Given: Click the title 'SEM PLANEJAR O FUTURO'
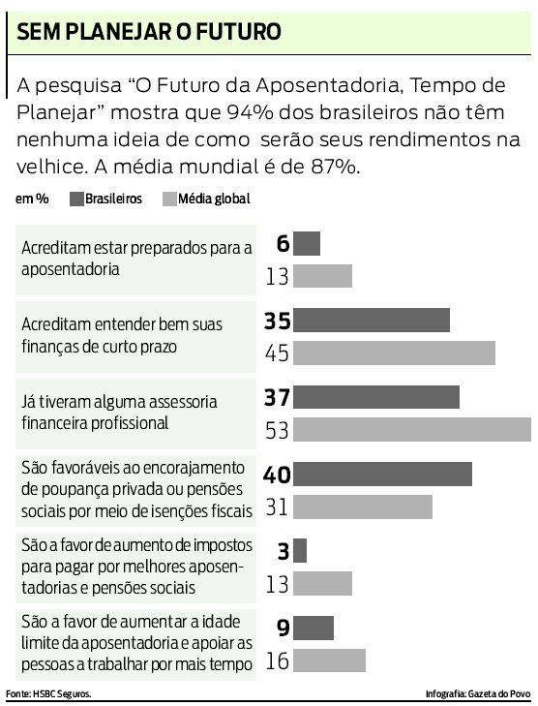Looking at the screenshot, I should [x=146, y=32].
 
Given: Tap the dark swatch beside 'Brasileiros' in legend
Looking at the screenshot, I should [x=75, y=200].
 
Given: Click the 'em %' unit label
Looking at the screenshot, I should [x=32, y=200].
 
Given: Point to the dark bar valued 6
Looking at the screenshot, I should [x=306, y=243].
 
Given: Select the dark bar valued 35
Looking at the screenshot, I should [x=372, y=321].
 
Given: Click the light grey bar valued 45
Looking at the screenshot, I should [x=394, y=353].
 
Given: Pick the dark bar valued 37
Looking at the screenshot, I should [x=376, y=397].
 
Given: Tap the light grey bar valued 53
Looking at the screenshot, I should [x=412, y=430].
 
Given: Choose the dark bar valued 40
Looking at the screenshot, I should [x=382, y=474].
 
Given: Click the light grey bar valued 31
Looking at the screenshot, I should [x=363, y=506].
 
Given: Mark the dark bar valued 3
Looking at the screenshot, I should [x=300, y=550].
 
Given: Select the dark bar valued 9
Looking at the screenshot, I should [x=314, y=628].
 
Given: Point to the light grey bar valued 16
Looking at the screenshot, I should [x=329, y=660].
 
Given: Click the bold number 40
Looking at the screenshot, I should [x=277, y=475].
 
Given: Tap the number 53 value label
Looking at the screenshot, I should [x=278, y=430].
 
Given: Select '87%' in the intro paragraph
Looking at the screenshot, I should [x=334, y=166].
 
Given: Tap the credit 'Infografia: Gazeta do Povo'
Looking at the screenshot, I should [x=478, y=694].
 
